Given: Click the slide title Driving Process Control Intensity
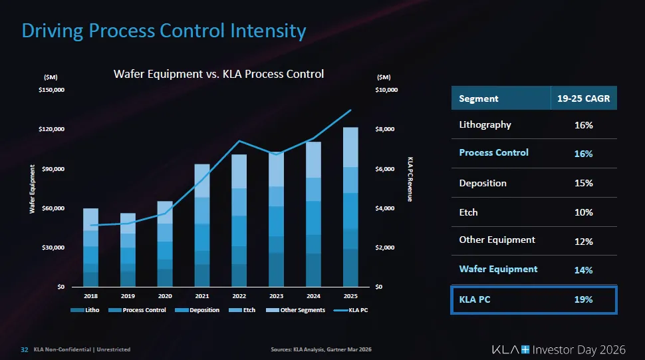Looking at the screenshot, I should point(164,31).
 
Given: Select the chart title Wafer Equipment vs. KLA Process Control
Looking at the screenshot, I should point(219,74).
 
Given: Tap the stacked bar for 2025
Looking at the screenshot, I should point(350,206).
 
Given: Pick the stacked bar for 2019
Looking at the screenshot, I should point(128,250).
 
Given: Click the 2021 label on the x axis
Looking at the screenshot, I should point(202,295).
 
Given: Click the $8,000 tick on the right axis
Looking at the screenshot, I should point(386,128).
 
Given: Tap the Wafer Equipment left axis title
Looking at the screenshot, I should point(32,190).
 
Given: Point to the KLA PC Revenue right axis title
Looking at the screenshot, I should point(410,180).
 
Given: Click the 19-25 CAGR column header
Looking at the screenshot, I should point(583,98).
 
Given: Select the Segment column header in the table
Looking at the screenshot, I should point(479,98).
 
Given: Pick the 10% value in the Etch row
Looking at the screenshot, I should point(583,213).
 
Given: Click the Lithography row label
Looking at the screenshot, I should point(485,124).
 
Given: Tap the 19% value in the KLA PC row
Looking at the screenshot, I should point(583,300).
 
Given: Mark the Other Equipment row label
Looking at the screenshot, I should point(497,240).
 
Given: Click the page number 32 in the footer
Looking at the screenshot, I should point(24,349).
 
